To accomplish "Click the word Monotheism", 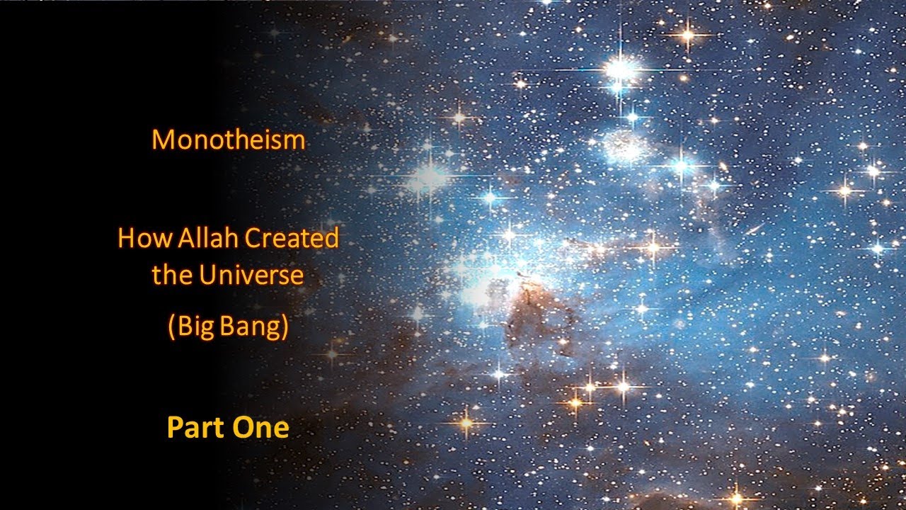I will coord(228,140).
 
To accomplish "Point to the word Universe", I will coord(251,275).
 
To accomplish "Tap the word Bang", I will coord(252,327).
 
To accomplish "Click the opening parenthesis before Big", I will coord(171,328).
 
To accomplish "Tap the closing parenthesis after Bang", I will coord(285,328).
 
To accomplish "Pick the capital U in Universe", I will coord(207,275).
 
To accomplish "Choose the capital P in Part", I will coord(173,428).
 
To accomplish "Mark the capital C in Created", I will coord(253,238).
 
